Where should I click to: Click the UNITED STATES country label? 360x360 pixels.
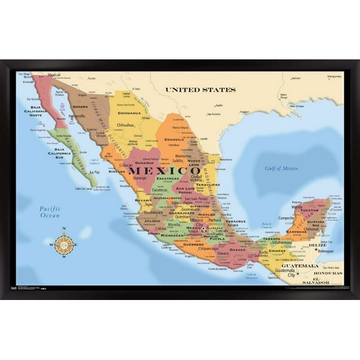[x=200, y=89]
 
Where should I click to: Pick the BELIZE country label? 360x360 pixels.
[x=317, y=245]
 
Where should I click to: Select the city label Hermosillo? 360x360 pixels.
[x=77, y=116]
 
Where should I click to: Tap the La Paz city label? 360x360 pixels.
[x=94, y=172]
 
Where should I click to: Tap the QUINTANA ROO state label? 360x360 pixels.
[x=315, y=221]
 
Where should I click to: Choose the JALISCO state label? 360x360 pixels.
[x=152, y=221]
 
